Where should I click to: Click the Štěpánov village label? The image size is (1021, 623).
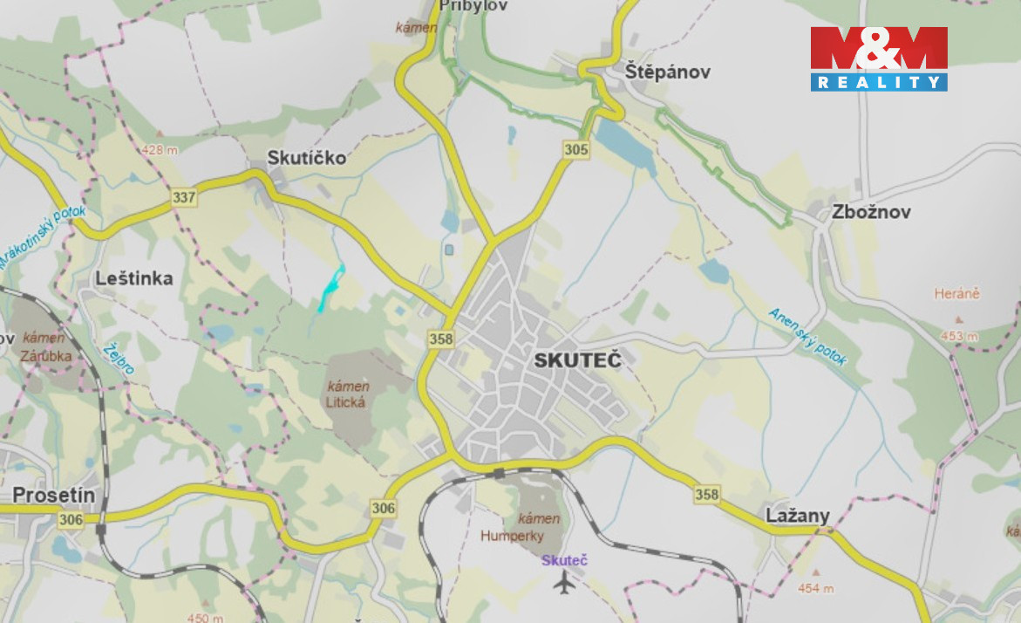(668, 72)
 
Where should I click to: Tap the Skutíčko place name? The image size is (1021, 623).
(306, 158)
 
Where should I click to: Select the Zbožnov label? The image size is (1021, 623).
(871, 212)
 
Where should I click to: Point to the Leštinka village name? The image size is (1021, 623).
(134, 278)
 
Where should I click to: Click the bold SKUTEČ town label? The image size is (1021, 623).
(578, 360)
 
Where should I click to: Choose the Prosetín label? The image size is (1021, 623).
(53, 496)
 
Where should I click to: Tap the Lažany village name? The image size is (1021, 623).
(798, 515)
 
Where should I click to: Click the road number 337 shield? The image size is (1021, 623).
(184, 198)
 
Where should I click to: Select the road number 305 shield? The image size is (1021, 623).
(576, 150)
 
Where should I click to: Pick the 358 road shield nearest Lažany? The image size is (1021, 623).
(707, 495)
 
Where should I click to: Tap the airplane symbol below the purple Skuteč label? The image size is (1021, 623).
(565, 582)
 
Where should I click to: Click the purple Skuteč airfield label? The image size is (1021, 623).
(564, 560)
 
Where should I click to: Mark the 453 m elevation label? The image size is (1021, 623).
(958, 336)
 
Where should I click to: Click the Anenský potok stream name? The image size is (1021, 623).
(807, 336)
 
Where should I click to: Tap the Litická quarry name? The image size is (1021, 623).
(346, 402)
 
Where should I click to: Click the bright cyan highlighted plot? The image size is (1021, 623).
(331, 285)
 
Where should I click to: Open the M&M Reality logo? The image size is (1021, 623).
(878, 58)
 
